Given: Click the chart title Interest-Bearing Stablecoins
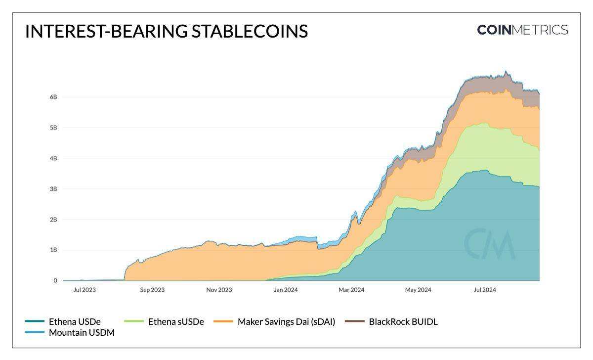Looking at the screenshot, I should coord(166,31).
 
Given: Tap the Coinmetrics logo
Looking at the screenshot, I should coord(522,30).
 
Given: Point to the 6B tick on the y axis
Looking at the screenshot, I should coord(53,97).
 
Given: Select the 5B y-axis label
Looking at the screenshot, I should coord(53,128).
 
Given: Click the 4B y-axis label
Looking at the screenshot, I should coord(53,158).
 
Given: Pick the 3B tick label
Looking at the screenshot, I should coord(53,189).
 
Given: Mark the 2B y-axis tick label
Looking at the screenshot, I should coord(53,220).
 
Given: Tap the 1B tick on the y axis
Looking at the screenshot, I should coord(53,250).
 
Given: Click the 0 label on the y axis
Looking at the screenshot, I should coord(55,280).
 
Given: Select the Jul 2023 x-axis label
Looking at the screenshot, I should coord(85,290).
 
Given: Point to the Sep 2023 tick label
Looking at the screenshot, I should coord(152,290).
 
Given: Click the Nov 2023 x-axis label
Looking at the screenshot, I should coord(218,290).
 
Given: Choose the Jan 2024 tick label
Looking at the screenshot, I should coord(285,290).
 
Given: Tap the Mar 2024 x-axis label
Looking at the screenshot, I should coord(351,290).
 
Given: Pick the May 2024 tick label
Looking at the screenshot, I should coord(418,290).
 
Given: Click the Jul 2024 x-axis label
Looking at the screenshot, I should coord(484,290).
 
